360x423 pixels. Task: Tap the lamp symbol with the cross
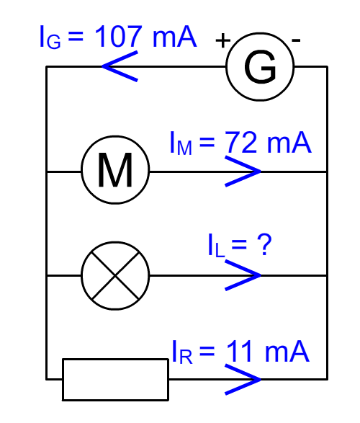[x=115, y=276]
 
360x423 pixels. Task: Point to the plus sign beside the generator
[x=223, y=41]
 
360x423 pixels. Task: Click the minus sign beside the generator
[x=296, y=40]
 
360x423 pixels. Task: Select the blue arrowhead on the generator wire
[x=120, y=66]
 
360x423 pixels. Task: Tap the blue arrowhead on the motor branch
[x=243, y=172]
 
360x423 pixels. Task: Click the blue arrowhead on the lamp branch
[x=243, y=275]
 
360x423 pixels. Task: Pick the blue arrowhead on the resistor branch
[x=243, y=380]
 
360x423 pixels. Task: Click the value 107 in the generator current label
[x=118, y=36]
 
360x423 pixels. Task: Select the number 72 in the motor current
[x=240, y=142]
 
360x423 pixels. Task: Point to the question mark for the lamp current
[x=264, y=244]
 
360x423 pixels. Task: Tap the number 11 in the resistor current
[x=239, y=351]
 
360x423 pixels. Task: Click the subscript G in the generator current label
[x=53, y=43]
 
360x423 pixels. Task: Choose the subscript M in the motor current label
[x=184, y=148]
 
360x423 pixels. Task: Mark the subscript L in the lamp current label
[x=220, y=250]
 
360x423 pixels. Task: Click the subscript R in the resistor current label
[x=186, y=357]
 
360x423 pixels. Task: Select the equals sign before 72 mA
[x=207, y=142]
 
